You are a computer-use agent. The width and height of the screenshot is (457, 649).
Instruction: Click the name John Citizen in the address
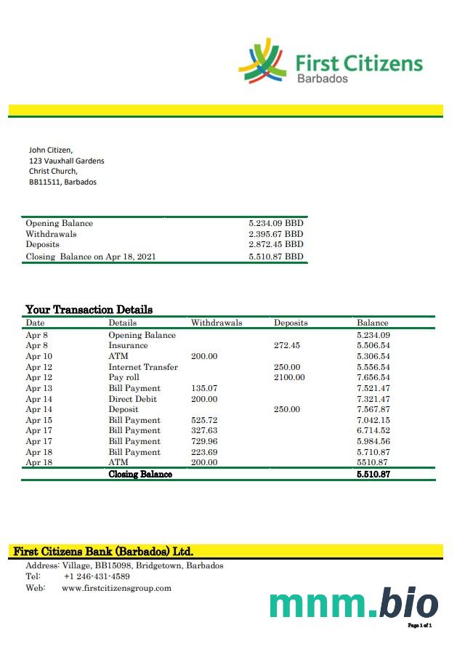(x=51, y=150)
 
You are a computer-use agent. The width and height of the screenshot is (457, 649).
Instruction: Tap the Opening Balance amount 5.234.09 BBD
(x=275, y=224)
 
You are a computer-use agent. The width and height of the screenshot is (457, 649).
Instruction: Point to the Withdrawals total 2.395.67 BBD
(x=275, y=235)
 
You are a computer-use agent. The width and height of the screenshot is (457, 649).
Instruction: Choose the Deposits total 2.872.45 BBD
(x=275, y=245)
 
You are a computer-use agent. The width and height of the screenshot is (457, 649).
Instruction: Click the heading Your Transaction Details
(x=89, y=310)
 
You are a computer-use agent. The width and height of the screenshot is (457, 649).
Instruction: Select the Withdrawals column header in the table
(x=217, y=323)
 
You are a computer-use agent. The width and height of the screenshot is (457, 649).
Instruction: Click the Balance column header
(x=373, y=323)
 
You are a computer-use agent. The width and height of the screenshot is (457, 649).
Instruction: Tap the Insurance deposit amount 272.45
(x=287, y=346)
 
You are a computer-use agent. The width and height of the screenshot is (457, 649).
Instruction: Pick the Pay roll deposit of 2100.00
(x=289, y=378)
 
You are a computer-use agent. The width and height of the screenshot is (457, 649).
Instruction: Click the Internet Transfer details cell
(x=143, y=367)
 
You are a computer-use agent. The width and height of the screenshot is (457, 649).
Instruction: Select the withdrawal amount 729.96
(x=204, y=441)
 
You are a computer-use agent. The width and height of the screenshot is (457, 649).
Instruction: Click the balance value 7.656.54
(x=373, y=378)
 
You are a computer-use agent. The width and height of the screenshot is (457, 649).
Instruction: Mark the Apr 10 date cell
(x=39, y=357)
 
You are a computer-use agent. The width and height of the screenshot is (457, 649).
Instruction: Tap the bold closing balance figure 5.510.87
(x=373, y=474)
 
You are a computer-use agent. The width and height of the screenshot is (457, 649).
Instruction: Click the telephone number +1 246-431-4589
(x=97, y=576)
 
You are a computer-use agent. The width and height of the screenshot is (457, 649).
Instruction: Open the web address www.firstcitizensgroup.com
(x=116, y=588)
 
